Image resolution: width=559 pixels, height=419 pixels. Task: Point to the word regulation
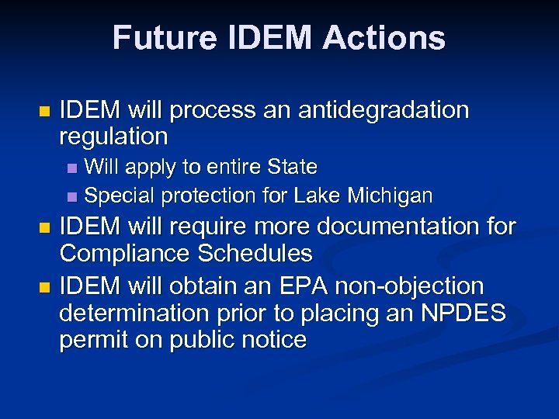coord(113,137)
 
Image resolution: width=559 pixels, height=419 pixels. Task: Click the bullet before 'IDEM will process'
coord(43,111)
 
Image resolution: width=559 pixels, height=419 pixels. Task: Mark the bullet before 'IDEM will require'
coord(43,228)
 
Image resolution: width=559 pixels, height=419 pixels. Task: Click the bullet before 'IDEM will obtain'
coord(43,287)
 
